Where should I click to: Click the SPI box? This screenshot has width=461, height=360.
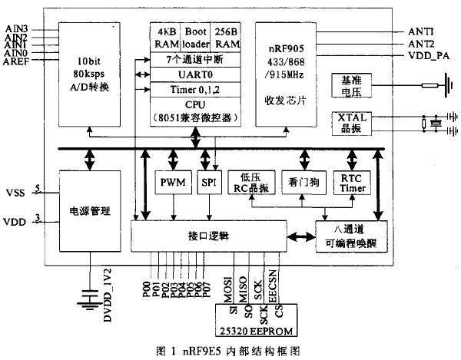click(207, 183)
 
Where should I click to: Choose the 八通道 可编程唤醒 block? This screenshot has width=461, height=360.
click(350, 236)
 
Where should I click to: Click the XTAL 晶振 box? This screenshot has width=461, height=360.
click(356, 124)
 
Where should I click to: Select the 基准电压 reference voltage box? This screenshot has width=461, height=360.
click(356, 86)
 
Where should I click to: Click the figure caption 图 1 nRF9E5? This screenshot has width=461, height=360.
click(230, 350)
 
